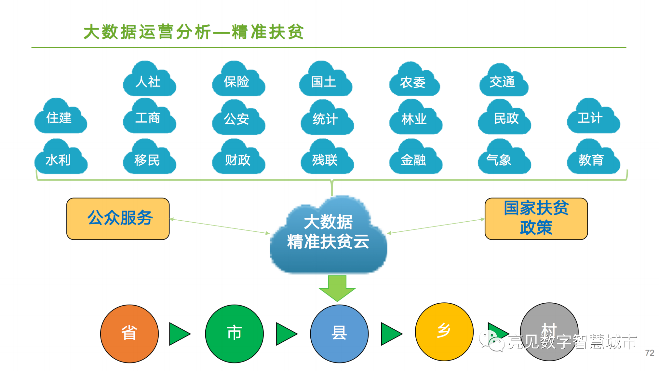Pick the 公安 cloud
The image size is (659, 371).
(x=238, y=119)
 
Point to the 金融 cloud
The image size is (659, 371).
(x=415, y=159)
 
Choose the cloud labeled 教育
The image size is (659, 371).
(x=593, y=159)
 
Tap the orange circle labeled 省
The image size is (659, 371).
(x=129, y=334)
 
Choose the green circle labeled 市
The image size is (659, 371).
(x=234, y=334)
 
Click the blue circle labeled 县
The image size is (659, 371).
(x=339, y=334)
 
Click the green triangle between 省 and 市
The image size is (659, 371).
(x=179, y=334)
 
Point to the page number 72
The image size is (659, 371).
(x=649, y=353)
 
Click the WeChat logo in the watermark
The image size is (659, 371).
(x=491, y=341)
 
